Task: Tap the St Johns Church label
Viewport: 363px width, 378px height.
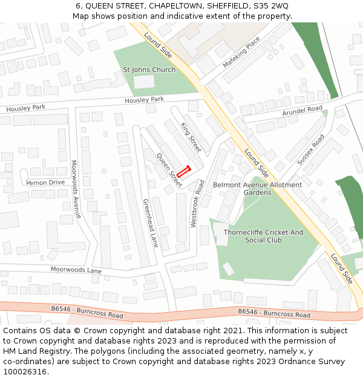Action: (149, 70)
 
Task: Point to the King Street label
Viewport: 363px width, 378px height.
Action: (191, 137)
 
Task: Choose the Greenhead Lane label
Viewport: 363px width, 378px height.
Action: (150, 223)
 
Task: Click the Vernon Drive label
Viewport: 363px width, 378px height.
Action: (45, 182)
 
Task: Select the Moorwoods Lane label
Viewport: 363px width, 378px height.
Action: (76, 270)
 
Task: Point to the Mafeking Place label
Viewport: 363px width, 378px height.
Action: (241, 52)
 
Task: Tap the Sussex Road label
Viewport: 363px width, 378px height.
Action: (311, 149)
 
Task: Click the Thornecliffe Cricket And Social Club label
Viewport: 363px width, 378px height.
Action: (263, 236)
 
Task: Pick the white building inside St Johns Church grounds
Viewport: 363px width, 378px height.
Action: (143, 82)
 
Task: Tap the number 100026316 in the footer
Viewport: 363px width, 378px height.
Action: (25, 371)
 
